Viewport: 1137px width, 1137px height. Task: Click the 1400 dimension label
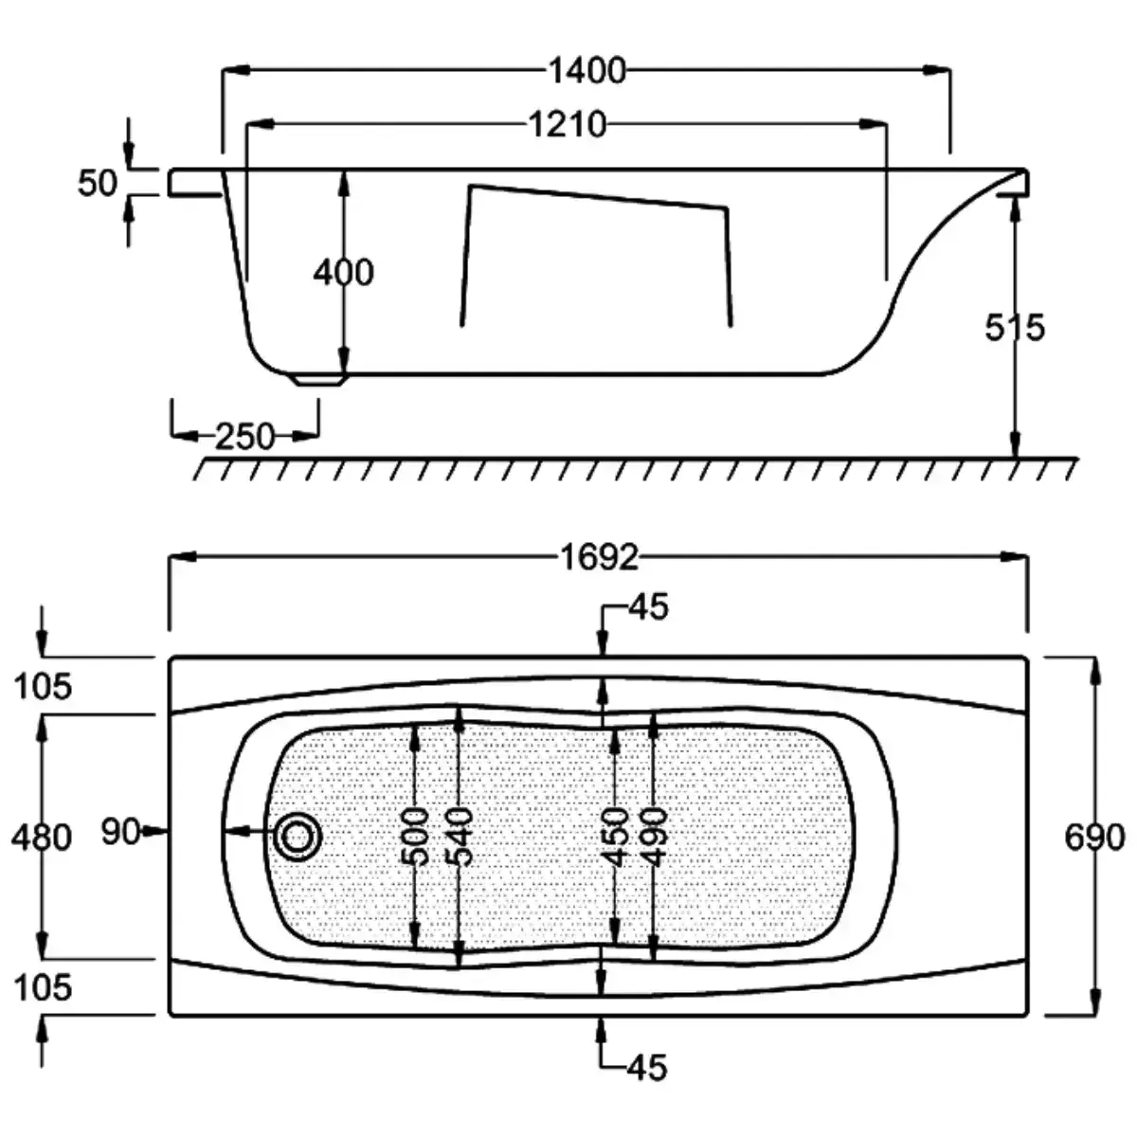pyautogui.click(x=587, y=71)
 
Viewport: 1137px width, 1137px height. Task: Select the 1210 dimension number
pyautogui.click(x=567, y=124)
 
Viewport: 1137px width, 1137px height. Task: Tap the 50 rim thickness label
pyautogui.click(x=98, y=183)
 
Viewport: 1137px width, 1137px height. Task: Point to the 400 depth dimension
pyautogui.click(x=343, y=273)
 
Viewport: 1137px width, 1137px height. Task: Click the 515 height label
pyautogui.click(x=1014, y=328)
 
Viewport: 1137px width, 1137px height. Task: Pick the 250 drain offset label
pyautogui.click(x=244, y=437)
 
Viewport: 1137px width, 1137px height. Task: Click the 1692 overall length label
pyautogui.click(x=600, y=557)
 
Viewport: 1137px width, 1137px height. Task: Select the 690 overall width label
pyautogui.click(x=1094, y=838)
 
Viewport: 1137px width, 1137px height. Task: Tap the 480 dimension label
pyautogui.click(x=42, y=838)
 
